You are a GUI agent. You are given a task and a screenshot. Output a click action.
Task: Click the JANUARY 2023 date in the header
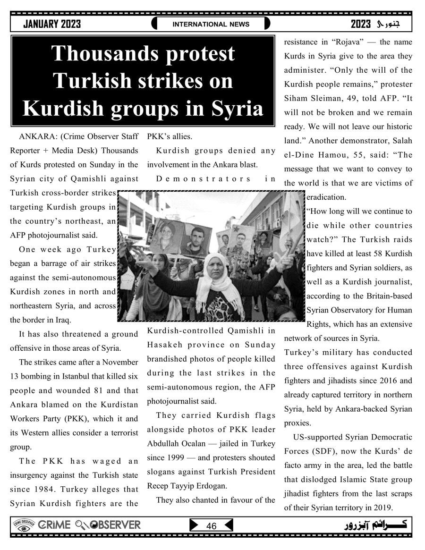[52, 24]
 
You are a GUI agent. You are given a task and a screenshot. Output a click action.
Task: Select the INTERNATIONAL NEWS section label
[211, 24]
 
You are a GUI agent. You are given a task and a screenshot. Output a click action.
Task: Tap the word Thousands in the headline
[143, 53]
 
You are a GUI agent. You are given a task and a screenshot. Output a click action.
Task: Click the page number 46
[211, 526]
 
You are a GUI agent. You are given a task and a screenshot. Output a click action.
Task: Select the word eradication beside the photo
[326, 197]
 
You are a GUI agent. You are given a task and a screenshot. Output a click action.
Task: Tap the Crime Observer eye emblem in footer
[22, 525]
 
